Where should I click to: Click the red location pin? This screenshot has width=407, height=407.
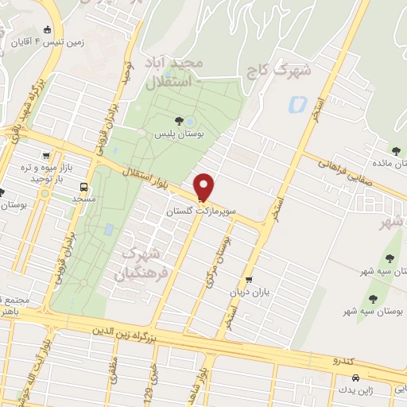point(204,186)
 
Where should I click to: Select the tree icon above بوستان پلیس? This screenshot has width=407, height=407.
point(179,121)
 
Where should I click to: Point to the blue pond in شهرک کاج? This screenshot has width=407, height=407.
point(299,103)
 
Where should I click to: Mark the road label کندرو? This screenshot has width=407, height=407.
point(343,361)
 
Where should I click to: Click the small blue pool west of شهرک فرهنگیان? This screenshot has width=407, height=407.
point(109,230)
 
